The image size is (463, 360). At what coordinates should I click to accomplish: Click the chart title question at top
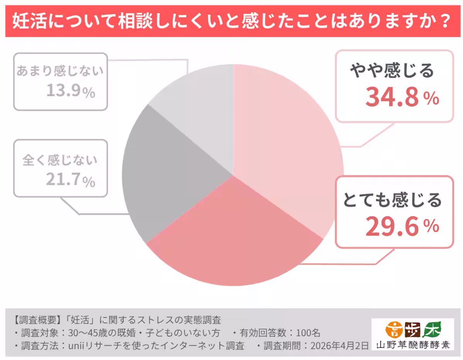[x=231, y=22]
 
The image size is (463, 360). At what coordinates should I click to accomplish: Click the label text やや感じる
[x=392, y=71]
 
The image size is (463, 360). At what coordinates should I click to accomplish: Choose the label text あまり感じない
[x=60, y=71]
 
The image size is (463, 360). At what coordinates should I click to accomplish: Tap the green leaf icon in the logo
[x=432, y=330]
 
